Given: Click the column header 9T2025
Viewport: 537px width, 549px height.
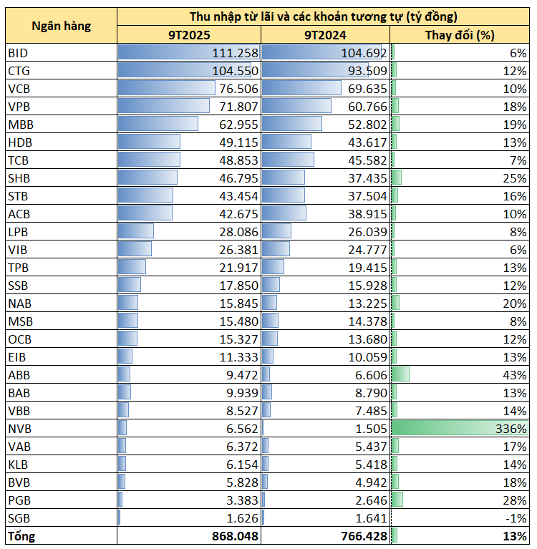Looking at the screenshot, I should [189, 34].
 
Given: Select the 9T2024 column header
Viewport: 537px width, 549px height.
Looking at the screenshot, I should [326, 34].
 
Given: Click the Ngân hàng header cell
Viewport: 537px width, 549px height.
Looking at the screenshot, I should [62, 26].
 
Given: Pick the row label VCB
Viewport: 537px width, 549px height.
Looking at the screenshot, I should [19, 88].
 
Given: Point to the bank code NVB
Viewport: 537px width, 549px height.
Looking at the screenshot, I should [19, 429].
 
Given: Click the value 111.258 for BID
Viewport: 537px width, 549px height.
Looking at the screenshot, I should [235, 53].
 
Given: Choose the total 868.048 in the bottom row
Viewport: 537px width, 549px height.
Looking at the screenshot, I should [235, 536].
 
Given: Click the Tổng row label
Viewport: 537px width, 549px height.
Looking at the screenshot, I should [21, 536].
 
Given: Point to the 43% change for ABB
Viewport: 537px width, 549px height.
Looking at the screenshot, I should [516, 374].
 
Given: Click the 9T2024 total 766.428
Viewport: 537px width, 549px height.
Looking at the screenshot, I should [364, 536].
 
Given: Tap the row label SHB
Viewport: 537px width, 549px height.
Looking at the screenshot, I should [19, 178].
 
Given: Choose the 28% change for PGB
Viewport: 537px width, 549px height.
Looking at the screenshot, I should [516, 500].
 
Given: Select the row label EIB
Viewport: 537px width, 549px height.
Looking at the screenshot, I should [17, 356].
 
